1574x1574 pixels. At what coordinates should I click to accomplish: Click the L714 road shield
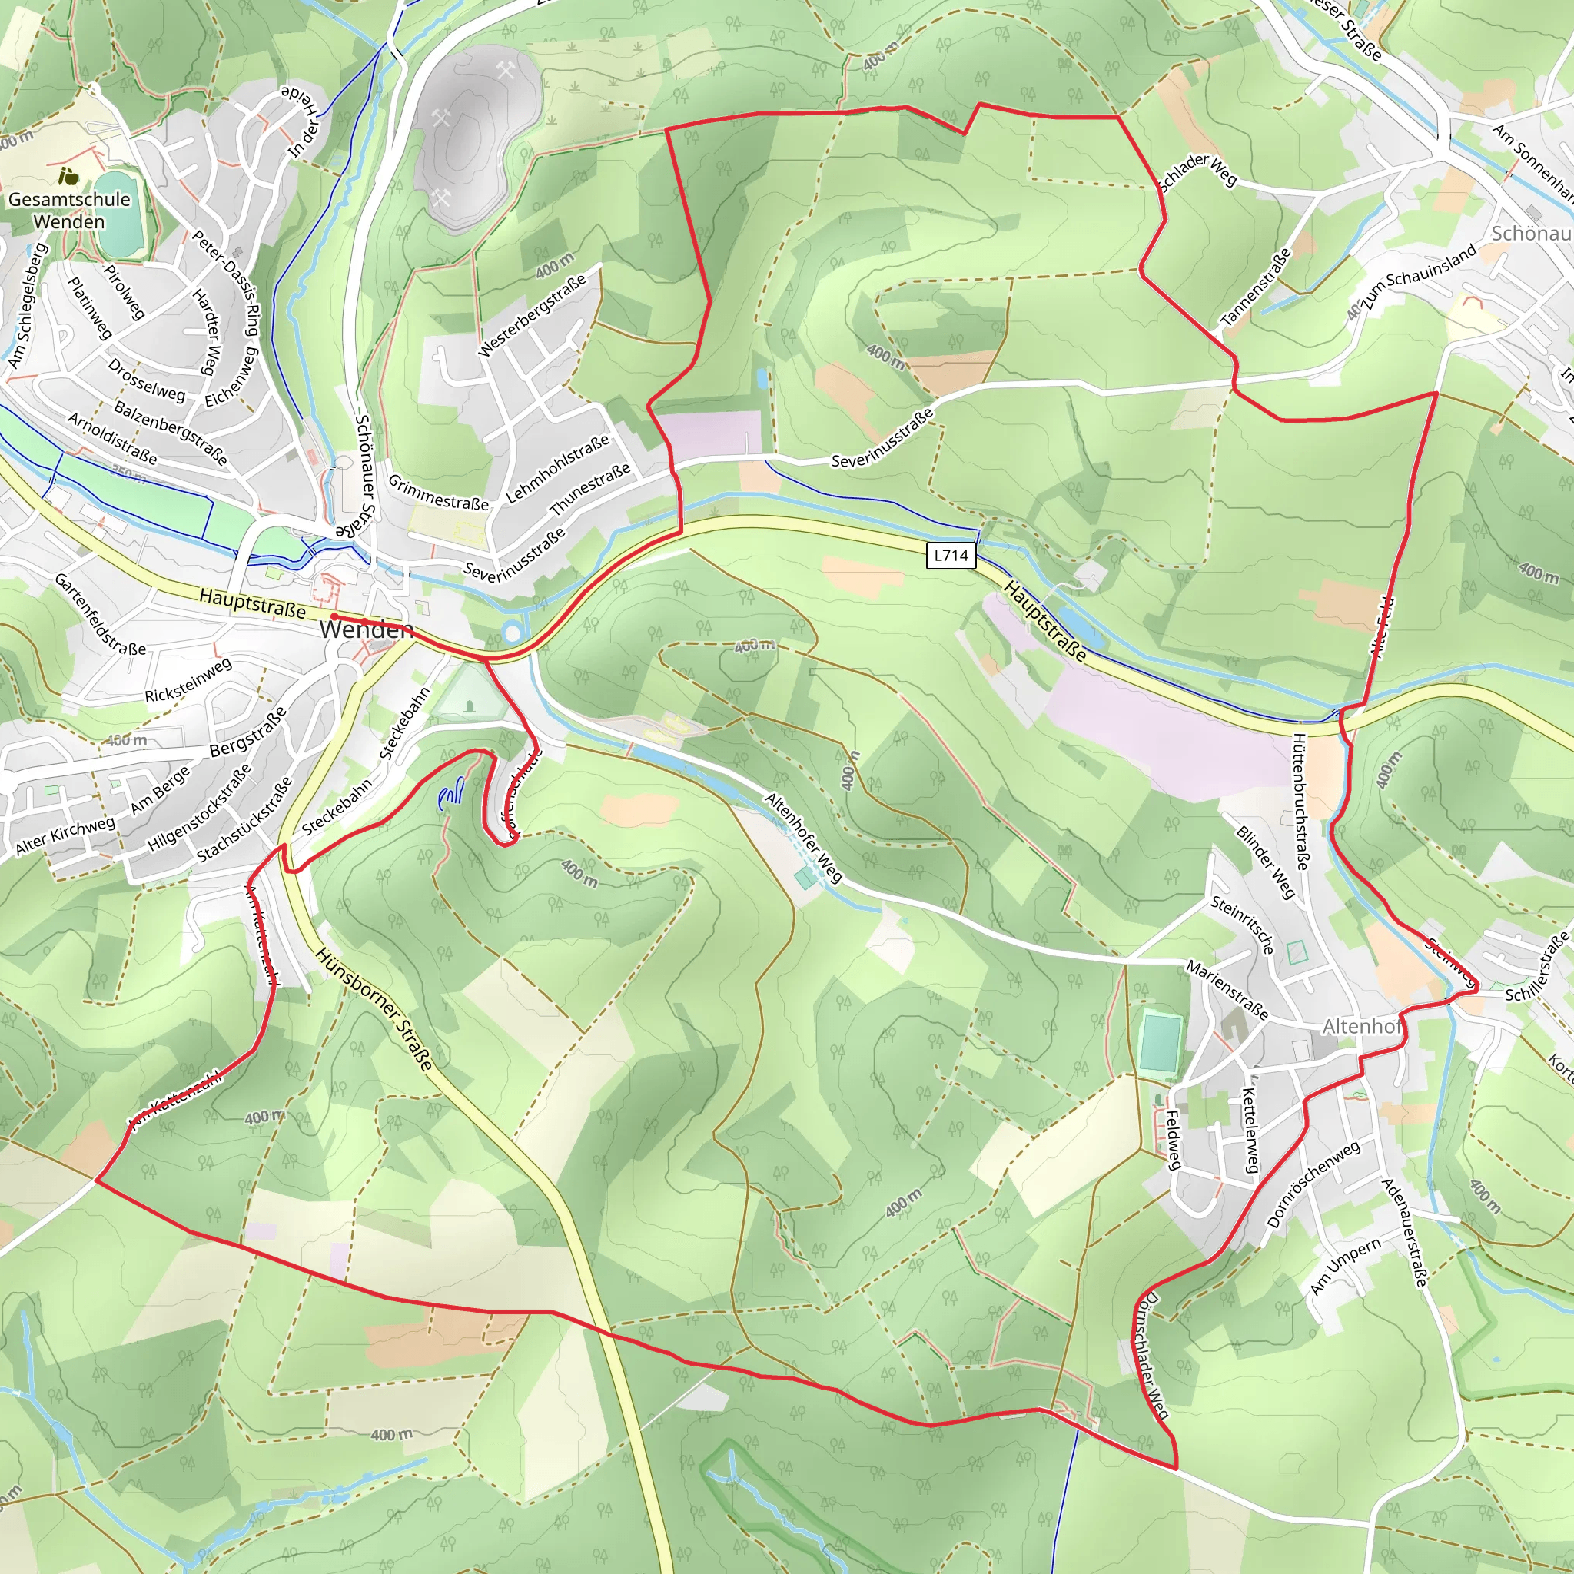[x=951, y=556]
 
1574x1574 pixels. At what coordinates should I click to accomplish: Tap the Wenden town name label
[x=366, y=629]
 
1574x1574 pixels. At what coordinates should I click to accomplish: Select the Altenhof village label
[x=1361, y=1027]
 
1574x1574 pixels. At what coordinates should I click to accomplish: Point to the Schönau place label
[x=1531, y=233]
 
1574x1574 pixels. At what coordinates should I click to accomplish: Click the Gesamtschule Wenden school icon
[x=69, y=175]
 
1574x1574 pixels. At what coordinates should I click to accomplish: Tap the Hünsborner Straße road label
[x=375, y=1008]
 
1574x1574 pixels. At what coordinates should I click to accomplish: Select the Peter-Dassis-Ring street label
[x=226, y=283]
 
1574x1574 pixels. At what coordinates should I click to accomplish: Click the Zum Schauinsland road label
[x=1420, y=277]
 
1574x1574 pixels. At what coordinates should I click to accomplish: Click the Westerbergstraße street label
[x=532, y=315]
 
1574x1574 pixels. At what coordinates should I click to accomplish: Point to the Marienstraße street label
[x=1227, y=990]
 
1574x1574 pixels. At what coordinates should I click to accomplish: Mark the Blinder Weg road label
[x=1265, y=862]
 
